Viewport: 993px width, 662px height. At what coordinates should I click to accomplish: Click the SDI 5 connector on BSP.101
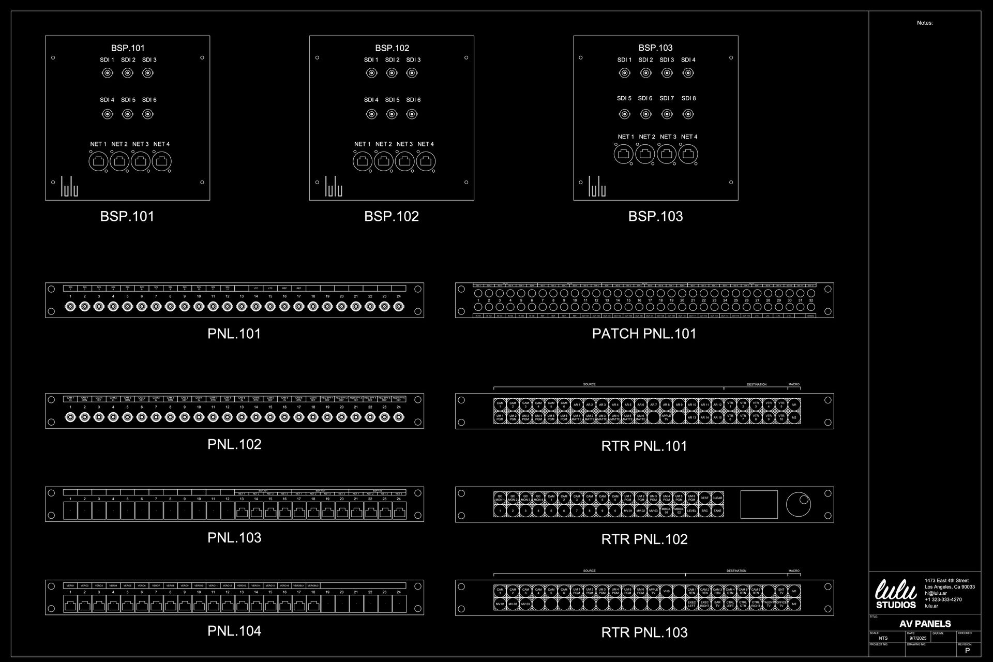(128, 114)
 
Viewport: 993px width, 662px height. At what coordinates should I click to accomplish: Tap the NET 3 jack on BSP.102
(404, 161)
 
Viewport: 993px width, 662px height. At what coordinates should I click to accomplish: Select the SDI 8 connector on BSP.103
(688, 114)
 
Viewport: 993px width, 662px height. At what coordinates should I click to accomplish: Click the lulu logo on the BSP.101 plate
(69, 187)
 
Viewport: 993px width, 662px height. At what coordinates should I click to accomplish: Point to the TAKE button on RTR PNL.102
(717, 511)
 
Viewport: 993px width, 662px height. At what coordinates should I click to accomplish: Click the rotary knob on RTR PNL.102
(799, 504)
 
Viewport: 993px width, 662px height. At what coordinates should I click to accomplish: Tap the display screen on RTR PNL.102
(759, 504)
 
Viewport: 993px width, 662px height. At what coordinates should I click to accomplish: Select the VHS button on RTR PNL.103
(666, 591)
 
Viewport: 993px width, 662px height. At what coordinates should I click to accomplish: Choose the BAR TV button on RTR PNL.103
(717, 604)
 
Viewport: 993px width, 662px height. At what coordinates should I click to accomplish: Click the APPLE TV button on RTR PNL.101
(666, 417)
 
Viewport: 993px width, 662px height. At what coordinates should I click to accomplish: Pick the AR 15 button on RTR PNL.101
(717, 417)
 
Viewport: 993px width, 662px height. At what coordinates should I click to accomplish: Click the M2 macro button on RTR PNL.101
(794, 417)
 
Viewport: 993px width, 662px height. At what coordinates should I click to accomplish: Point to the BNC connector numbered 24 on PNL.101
(399, 307)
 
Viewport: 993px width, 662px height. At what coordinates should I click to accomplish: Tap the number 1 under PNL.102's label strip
(70, 408)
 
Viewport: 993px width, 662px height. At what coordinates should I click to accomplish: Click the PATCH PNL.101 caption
(644, 334)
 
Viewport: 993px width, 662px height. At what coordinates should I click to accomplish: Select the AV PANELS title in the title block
(925, 624)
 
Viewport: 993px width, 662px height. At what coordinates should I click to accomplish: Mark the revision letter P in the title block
(967, 651)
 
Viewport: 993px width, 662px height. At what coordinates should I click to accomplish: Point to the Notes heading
(925, 23)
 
